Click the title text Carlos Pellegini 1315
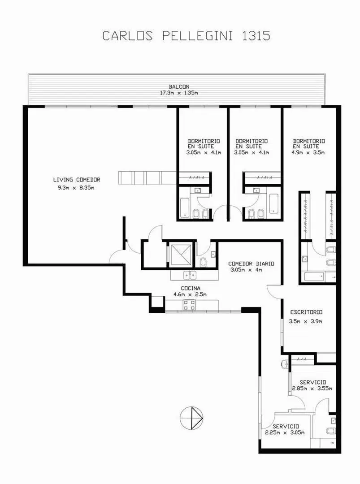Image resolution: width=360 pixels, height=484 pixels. (x=186, y=35)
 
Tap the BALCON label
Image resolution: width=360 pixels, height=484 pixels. (x=179, y=87)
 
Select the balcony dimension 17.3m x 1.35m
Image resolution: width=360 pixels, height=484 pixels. (x=179, y=92)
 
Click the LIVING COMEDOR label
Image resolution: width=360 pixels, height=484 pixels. (x=77, y=180)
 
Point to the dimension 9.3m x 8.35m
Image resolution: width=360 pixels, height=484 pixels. (x=76, y=187)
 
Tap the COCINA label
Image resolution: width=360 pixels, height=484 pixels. (x=191, y=288)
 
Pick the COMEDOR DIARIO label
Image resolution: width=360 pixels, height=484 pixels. (x=251, y=264)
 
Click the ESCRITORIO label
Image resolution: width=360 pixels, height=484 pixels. (x=306, y=312)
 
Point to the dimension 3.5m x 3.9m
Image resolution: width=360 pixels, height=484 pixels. (x=306, y=321)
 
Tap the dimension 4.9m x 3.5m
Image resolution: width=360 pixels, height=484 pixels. (x=308, y=152)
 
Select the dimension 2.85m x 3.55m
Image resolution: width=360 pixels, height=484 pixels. (x=312, y=388)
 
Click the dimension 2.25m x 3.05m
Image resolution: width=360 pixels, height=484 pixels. (x=285, y=432)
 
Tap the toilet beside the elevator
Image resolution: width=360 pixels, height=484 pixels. (x=203, y=262)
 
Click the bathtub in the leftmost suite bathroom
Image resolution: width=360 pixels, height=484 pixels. (x=185, y=208)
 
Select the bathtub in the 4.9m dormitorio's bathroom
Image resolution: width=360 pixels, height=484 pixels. (x=314, y=276)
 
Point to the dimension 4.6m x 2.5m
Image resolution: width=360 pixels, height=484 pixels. (x=190, y=294)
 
